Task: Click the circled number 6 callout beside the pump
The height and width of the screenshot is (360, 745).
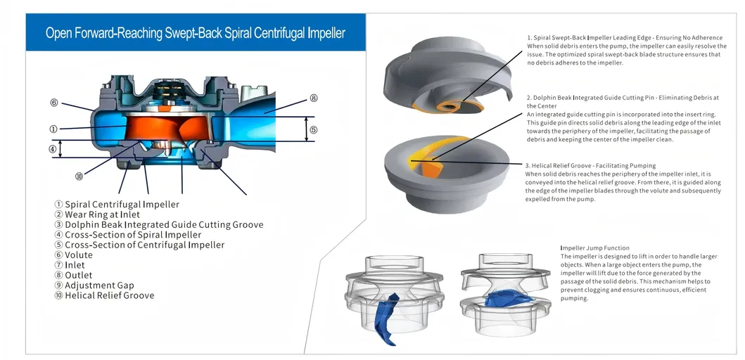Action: (x=53, y=103)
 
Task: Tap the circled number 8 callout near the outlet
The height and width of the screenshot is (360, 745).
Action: (x=314, y=98)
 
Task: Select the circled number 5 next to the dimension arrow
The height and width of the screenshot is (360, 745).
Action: (x=314, y=129)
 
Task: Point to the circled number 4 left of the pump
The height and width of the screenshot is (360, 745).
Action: (x=52, y=149)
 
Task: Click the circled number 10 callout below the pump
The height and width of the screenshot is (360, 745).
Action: (x=79, y=176)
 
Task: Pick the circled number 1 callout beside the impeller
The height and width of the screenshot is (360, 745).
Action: (x=53, y=129)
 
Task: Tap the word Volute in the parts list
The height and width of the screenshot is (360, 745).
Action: (x=78, y=255)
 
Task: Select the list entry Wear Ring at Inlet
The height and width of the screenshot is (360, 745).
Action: (x=102, y=214)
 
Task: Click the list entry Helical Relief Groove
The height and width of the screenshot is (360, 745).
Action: (x=109, y=295)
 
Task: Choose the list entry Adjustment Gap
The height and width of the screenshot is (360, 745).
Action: (x=99, y=285)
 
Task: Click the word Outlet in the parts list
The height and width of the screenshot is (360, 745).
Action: (x=78, y=276)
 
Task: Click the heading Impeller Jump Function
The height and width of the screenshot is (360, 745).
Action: (x=594, y=248)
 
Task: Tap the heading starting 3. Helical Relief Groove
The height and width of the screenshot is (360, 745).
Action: (x=590, y=166)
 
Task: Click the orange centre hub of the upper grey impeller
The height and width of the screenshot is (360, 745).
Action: (x=447, y=105)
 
